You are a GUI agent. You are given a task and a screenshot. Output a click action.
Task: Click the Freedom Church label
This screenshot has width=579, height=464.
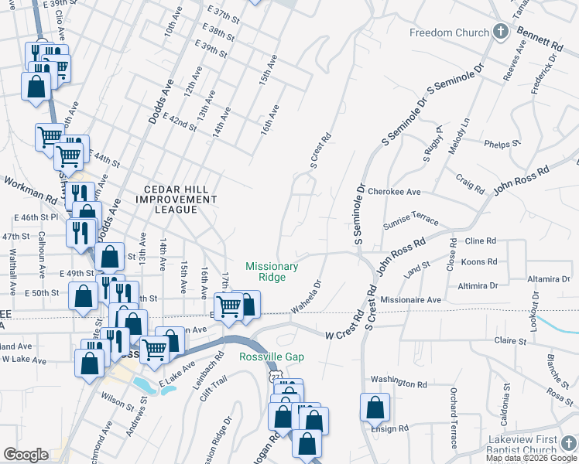(450, 32)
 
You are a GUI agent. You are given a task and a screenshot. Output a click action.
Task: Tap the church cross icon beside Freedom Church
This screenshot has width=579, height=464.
(501, 32)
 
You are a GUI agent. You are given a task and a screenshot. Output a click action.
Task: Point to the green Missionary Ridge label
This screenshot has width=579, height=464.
(272, 271)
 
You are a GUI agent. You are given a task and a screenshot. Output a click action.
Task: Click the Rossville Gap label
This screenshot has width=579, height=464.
(272, 357)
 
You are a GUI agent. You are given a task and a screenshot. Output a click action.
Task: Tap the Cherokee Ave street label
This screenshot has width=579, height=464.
(394, 191)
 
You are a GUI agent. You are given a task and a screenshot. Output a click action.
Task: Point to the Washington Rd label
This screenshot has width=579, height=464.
(399, 382)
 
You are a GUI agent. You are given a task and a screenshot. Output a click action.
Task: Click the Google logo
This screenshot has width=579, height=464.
(26, 454)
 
